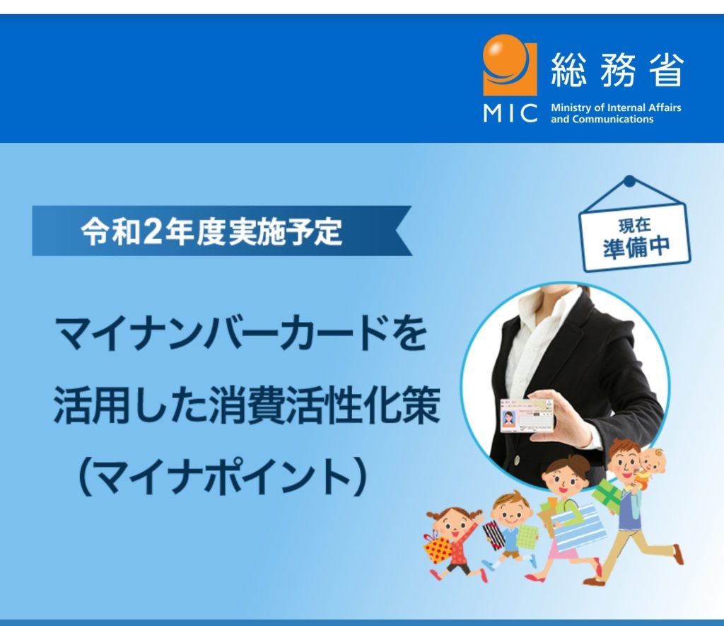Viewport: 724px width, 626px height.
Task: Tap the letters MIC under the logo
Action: click(510, 113)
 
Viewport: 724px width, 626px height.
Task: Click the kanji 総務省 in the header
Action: click(617, 70)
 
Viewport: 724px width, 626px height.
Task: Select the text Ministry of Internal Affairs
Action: click(616, 108)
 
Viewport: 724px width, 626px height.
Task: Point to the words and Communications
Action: click(602, 120)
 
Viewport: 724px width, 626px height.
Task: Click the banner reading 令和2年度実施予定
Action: click(221, 231)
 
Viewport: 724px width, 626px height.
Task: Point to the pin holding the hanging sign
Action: click(629, 182)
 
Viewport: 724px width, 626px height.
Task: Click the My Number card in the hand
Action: click(527, 415)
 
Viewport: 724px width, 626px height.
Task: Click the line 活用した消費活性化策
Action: click(247, 406)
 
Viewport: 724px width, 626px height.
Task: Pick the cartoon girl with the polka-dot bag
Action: click(455, 543)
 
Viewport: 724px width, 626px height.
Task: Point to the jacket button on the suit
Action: click(517, 460)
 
